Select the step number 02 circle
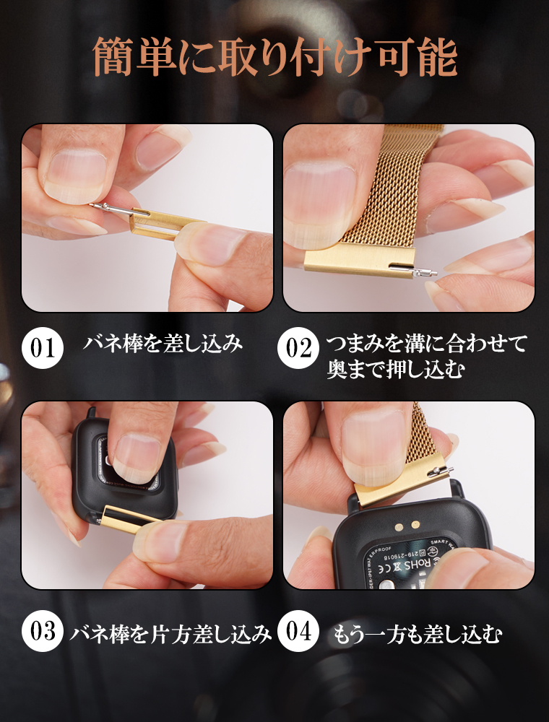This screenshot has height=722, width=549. click(298, 349)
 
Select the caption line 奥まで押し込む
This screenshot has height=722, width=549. click(394, 370)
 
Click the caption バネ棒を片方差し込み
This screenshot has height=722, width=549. click(170, 634)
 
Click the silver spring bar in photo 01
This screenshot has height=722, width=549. click(112, 208)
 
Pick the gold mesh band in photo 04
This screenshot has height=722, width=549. click(426, 433)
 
